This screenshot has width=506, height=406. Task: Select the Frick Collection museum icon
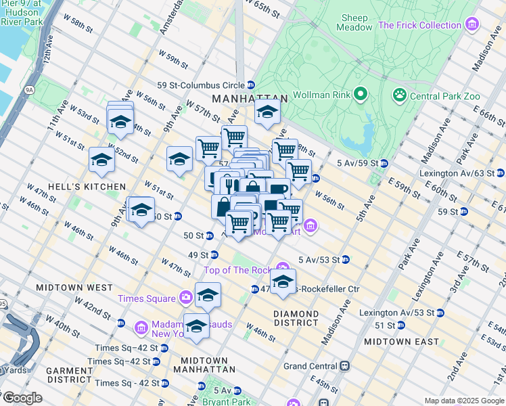[x=472, y=26]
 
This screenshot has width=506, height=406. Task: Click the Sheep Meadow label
[x=355, y=22]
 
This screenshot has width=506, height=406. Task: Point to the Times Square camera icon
[x=186, y=298]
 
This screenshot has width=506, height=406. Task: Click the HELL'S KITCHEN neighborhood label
[x=95, y=186]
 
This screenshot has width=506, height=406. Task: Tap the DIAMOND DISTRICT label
[x=296, y=318]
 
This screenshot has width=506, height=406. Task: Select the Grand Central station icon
[x=345, y=366]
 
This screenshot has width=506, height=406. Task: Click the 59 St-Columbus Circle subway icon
[x=251, y=85]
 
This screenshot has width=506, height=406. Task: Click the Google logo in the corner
[x=22, y=398]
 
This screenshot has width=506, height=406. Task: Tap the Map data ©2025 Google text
[x=463, y=401]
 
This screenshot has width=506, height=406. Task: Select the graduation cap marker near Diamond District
[x=283, y=281]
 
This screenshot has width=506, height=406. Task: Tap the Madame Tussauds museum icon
[x=142, y=328]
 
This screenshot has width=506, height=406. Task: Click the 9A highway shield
[x=28, y=89]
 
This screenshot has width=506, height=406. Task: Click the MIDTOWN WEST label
[x=83, y=288]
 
